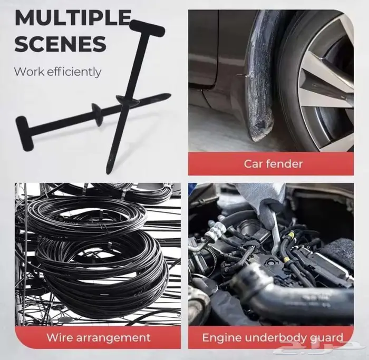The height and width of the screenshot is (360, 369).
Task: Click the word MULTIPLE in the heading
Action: click(x=73, y=17)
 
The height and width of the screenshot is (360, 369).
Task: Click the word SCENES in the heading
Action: click(x=60, y=44)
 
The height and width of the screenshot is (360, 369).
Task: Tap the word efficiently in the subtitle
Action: click(x=74, y=72)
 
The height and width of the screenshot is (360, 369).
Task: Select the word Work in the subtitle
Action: click(x=29, y=72)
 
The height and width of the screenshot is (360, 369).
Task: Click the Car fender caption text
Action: click(x=273, y=164)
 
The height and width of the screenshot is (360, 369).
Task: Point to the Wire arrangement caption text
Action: click(x=98, y=338)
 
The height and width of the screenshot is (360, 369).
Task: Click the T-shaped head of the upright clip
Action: click(x=147, y=28)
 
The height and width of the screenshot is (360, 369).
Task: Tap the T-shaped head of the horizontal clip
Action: click(x=24, y=133)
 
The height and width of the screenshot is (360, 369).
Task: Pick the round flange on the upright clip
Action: click(x=127, y=100)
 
